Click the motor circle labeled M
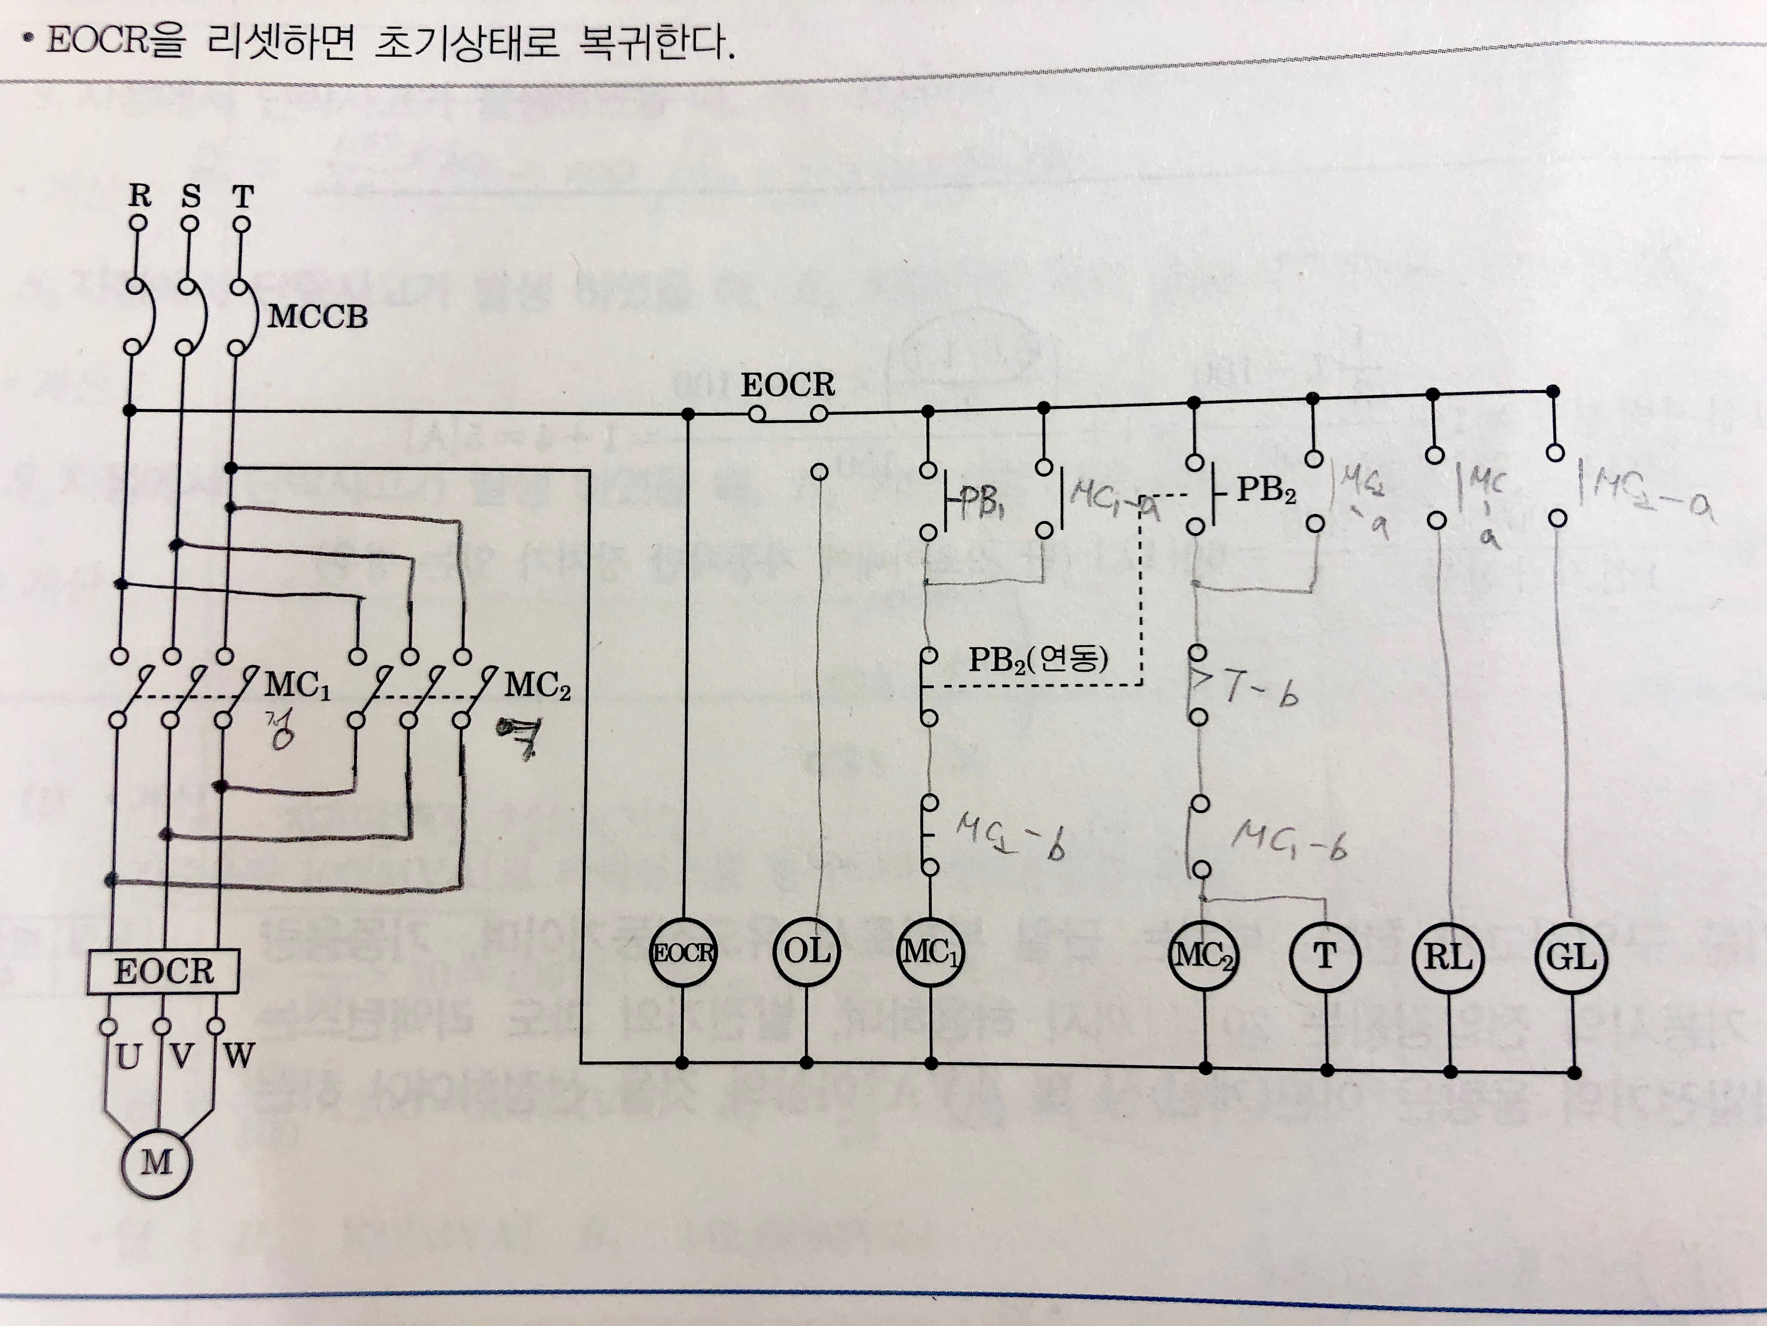pyautogui.click(x=156, y=1162)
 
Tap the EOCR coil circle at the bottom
pyautogui.click(x=682, y=953)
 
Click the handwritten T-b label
pyautogui.click(x=1260, y=689)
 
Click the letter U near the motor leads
pyautogui.click(x=128, y=1057)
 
